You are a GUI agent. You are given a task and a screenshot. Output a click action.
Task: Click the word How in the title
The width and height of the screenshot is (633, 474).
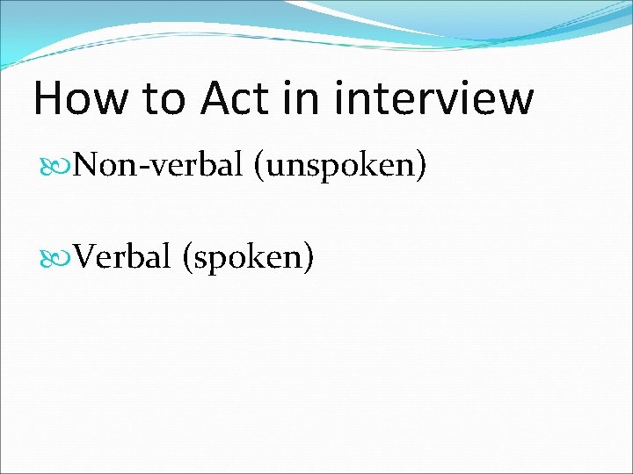tap(79, 98)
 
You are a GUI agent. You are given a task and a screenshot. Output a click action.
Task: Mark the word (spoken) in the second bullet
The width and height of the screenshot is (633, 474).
tap(247, 258)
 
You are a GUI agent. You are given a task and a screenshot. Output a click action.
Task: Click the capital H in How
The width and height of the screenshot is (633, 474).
tap(49, 98)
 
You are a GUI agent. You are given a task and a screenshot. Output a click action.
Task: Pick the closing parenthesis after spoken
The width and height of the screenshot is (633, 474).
tap(309, 258)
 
